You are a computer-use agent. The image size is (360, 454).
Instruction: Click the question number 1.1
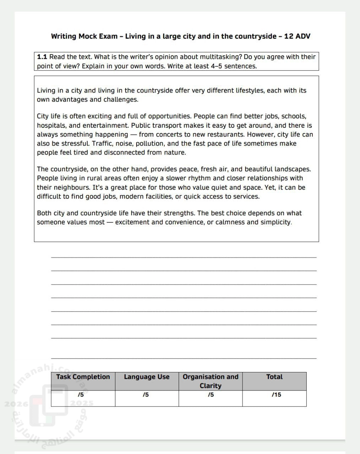42,57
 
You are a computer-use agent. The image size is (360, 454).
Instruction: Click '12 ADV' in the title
297,36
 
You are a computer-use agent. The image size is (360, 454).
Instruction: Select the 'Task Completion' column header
83,377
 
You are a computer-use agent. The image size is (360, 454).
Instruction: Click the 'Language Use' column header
147,377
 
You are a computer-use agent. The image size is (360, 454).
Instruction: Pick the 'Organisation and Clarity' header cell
211,381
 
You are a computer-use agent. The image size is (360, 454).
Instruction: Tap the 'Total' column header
274,377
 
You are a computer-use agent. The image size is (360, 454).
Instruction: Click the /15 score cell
276,395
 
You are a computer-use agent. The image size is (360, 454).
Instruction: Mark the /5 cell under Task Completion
81,395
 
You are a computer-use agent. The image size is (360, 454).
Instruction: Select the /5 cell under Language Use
146,395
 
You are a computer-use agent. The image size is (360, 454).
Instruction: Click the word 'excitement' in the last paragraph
132,222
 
